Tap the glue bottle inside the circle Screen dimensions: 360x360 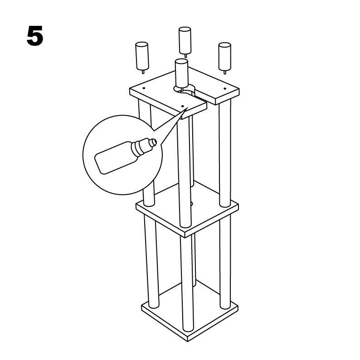pyautogui.click(x=125, y=156)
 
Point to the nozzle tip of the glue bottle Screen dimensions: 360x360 pyautogui.click(x=154, y=142)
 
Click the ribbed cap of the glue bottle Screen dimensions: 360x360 pyautogui.click(x=137, y=148)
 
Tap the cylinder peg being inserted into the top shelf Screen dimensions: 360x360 pyautogui.click(x=181, y=73)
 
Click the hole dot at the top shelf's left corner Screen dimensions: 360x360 pyautogui.click(x=144, y=88)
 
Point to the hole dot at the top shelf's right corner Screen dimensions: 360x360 pyautogui.click(x=225, y=88)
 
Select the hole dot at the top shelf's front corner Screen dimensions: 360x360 pyautogui.click(x=183, y=106)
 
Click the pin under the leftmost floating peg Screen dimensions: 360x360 pyautogui.click(x=143, y=72)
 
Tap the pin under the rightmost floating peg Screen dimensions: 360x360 pyautogui.click(x=225, y=72)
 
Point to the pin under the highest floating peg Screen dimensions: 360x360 pyautogui.click(x=185, y=55)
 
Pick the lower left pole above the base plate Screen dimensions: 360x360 pyautogui.click(x=151, y=261)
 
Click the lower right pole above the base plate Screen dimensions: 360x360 pyautogui.click(x=225, y=262)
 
